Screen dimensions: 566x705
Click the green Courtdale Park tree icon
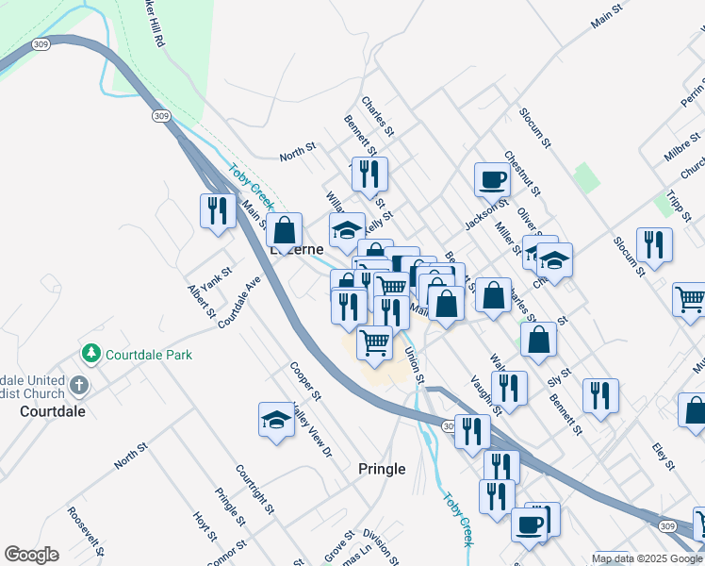91,355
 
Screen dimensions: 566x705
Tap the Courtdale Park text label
149,355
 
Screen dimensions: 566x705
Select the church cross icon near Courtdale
79,386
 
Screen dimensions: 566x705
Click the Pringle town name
382,469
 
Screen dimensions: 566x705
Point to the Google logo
31,555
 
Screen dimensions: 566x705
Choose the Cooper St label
306,380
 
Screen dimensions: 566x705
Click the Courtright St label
254,490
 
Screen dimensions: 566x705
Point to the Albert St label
202,301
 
